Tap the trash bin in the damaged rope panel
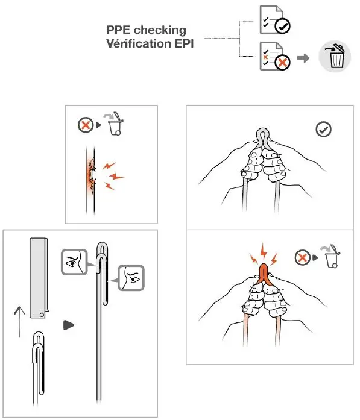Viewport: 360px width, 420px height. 114,125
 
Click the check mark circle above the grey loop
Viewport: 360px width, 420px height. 324,129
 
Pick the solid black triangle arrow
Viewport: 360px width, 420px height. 69,325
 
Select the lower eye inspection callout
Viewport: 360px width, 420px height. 130,278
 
